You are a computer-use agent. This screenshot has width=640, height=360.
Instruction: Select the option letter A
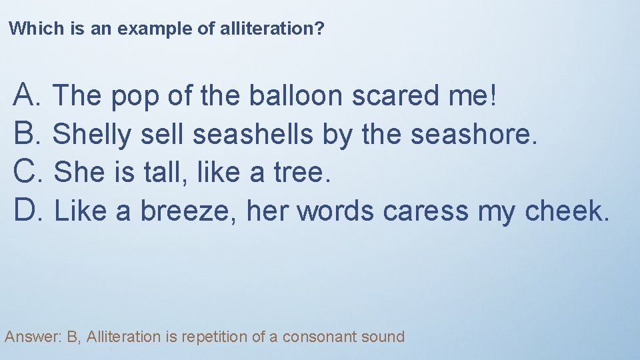(24, 95)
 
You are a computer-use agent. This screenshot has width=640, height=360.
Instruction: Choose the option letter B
(24, 134)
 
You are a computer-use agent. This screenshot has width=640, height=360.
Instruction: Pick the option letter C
(24, 172)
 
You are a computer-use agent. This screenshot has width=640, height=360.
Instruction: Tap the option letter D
(24, 211)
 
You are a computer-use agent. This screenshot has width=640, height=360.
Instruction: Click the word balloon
(296, 95)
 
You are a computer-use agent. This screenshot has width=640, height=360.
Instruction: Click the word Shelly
(92, 135)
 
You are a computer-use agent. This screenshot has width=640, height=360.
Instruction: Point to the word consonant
(317, 337)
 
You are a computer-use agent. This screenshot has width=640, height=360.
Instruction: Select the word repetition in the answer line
(213, 337)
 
